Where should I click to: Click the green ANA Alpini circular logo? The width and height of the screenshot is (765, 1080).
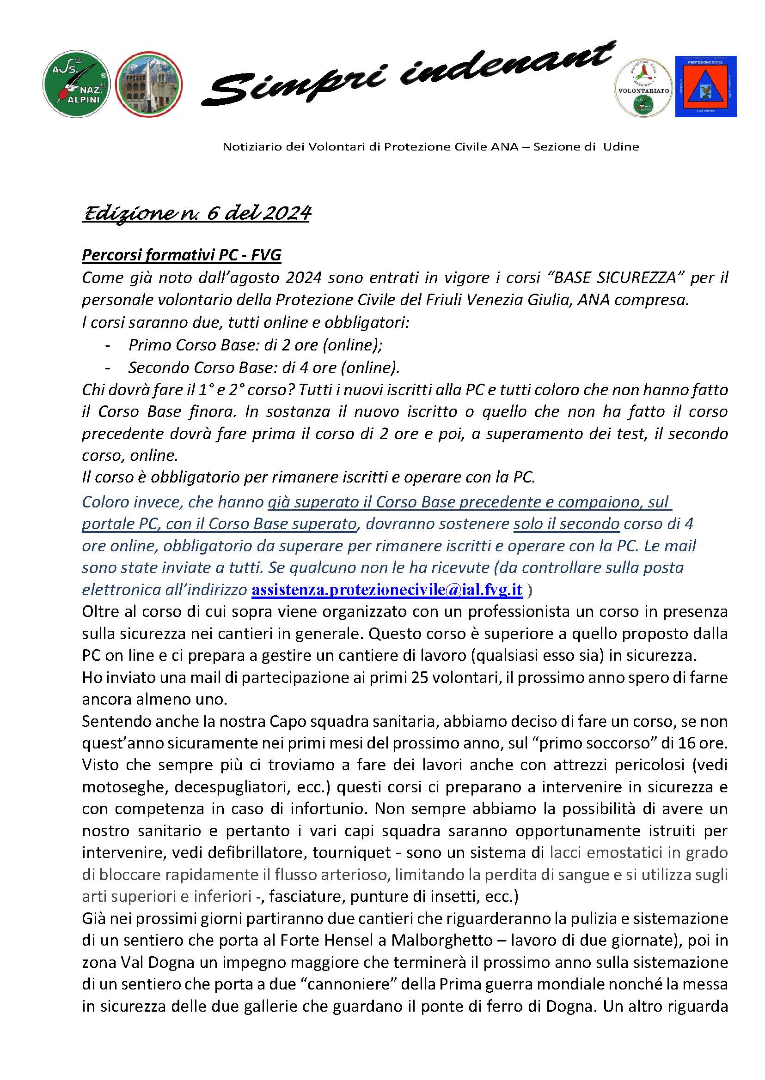click(x=76, y=84)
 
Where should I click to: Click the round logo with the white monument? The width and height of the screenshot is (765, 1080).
click(x=149, y=84)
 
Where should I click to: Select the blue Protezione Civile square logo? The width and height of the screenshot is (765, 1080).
click(x=705, y=87)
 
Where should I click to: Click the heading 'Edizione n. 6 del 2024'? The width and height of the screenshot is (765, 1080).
click(x=196, y=214)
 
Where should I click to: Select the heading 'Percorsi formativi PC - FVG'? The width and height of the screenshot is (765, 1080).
click(x=181, y=254)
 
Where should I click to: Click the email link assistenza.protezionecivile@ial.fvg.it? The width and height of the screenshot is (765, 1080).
click(x=387, y=589)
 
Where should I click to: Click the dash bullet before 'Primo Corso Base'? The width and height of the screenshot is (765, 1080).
click(x=108, y=345)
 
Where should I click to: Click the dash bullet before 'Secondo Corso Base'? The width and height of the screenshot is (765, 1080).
click(x=108, y=368)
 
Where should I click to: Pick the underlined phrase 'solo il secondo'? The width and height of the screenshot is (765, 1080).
click(x=566, y=524)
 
